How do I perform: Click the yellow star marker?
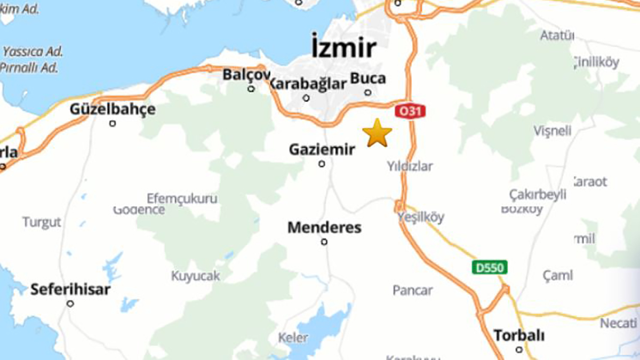click(x=377, y=133)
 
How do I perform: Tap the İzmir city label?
click(x=343, y=49)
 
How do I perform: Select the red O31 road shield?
click(x=410, y=111)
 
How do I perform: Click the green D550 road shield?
click(x=490, y=267)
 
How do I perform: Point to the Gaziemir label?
click(x=322, y=150)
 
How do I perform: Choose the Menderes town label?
click(x=324, y=228)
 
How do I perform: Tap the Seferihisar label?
click(x=70, y=290)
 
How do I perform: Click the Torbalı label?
click(x=519, y=335)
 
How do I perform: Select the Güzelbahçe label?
click(x=113, y=109)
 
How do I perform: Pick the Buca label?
click(x=367, y=78)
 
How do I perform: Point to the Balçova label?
click(x=246, y=75)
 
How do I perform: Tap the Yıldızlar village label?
click(x=410, y=166)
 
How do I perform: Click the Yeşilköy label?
click(x=421, y=217)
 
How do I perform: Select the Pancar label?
click(x=413, y=290)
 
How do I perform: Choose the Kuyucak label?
click(x=195, y=276)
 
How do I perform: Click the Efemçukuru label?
click(x=182, y=198)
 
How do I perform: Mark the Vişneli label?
click(x=552, y=131)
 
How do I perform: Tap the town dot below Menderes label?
click(x=324, y=242)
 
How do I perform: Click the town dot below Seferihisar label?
click(x=70, y=303)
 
